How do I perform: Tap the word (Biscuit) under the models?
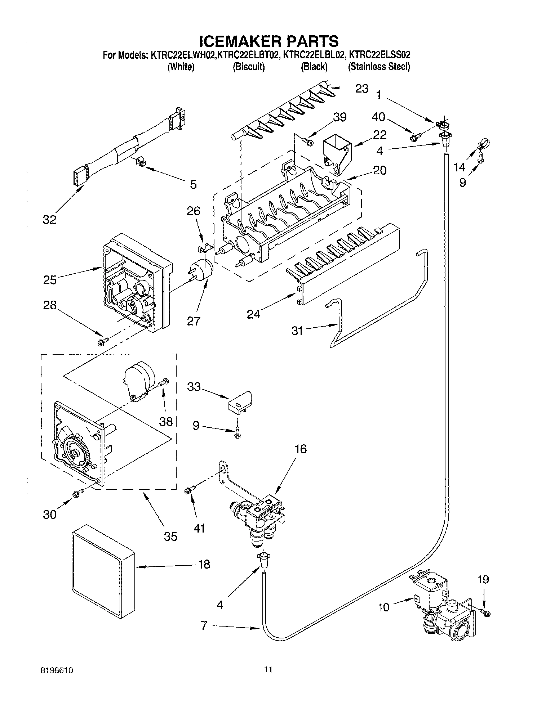pyautogui.click(x=249, y=67)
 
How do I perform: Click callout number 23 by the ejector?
pyautogui.click(x=361, y=88)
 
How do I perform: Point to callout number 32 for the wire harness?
pyautogui.click(x=50, y=219)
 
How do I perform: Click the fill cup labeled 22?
pyautogui.click(x=336, y=152)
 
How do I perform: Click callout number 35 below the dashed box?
pyautogui.click(x=171, y=536)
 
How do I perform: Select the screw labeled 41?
pyautogui.click(x=189, y=490)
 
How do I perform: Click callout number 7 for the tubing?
pyautogui.click(x=204, y=625)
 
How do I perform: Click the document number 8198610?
pyautogui.click(x=58, y=670)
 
